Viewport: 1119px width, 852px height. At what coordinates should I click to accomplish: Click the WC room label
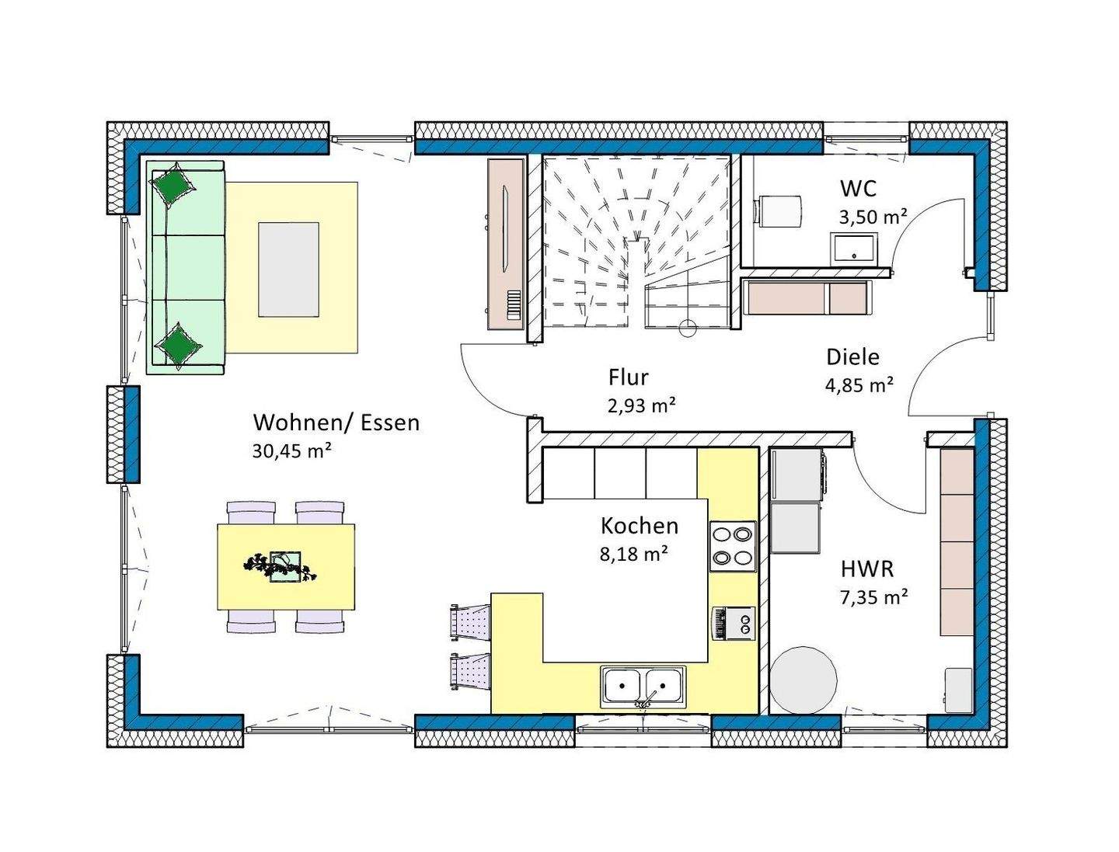[858, 189]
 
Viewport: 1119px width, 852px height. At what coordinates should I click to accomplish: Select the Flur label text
[628, 377]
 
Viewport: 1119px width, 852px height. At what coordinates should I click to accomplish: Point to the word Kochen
[640, 527]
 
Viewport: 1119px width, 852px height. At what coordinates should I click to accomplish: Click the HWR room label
[866, 569]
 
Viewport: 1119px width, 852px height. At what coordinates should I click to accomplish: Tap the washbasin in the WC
[854, 249]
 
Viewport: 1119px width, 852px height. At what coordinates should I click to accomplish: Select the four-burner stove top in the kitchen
[733, 546]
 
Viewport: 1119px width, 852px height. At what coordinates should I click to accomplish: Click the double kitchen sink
[643, 687]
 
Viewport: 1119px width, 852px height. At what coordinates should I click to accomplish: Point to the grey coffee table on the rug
[288, 270]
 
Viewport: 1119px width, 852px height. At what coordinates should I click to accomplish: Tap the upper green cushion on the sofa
[174, 185]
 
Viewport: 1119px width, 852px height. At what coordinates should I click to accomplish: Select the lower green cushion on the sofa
[179, 344]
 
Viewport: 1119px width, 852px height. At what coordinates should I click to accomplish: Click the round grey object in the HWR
[803, 680]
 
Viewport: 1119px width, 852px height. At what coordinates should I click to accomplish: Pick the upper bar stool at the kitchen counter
[471, 621]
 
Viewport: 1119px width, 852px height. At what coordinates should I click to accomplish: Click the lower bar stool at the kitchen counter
[471, 671]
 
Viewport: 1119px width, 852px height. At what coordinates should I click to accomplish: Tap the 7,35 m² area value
[873, 596]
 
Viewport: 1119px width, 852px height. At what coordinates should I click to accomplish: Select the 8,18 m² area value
[633, 554]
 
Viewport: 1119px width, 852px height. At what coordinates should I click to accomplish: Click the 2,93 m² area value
[642, 405]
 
